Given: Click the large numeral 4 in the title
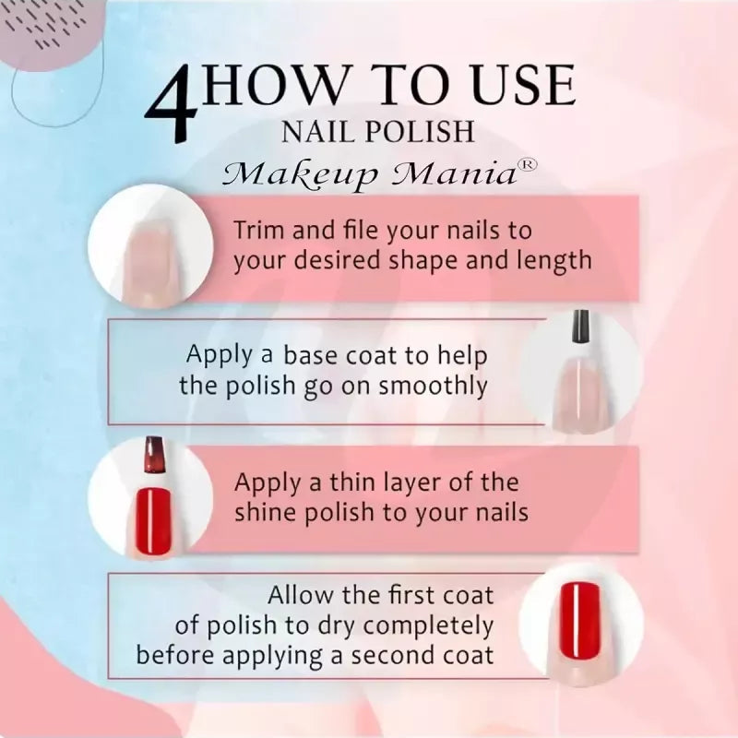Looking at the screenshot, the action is pos(172,104).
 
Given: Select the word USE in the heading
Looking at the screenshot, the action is pos(523,85).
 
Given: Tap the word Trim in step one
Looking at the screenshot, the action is pos(260,230).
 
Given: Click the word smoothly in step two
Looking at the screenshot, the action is pos(433,387).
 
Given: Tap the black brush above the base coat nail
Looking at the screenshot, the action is pos(581,327).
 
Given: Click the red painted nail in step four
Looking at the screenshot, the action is pos(580,620).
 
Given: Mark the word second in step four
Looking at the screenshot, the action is pos(390,656).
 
